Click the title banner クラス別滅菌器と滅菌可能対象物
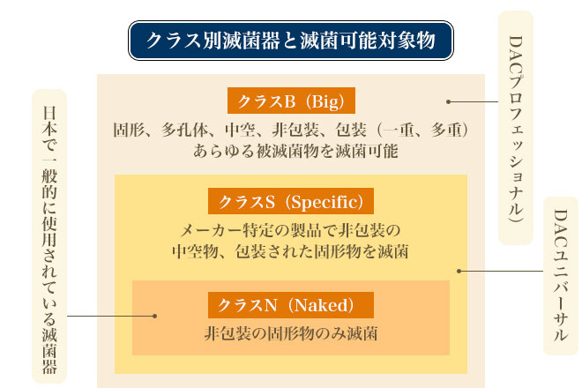(x=291, y=41)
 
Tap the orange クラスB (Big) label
(x=291, y=101)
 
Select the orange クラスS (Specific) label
(x=291, y=201)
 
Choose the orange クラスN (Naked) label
(x=291, y=305)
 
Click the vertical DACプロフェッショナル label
(x=516, y=129)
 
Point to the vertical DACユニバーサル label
(x=561, y=275)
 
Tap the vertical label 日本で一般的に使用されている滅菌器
(x=49, y=236)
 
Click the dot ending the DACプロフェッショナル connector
(x=448, y=101)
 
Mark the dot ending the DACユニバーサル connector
(x=459, y=271)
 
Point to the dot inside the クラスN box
(x=155, y=316)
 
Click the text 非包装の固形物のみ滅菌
(x=291, y=333)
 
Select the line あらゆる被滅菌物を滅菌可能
(x=295, y=151)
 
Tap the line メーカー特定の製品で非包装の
(x=290, y=230)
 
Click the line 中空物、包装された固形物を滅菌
(x=290, y=251)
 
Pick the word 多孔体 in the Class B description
(x=184, y=130)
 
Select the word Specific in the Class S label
(x=325, y=202)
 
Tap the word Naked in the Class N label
(x=322, y=306)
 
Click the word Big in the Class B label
(x=325, y=101)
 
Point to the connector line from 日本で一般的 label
(x=110, y=316)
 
